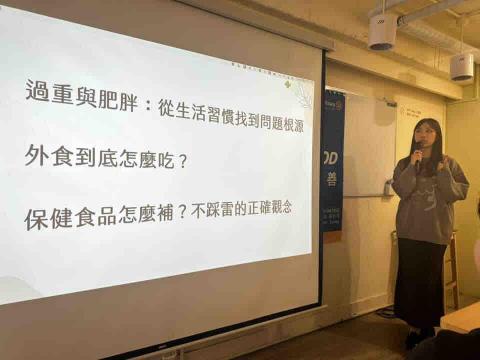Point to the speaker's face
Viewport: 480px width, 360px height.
pos(425,139)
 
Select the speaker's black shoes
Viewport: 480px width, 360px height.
pos(418,338)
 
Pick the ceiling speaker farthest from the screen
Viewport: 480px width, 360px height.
pos(460,66)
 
